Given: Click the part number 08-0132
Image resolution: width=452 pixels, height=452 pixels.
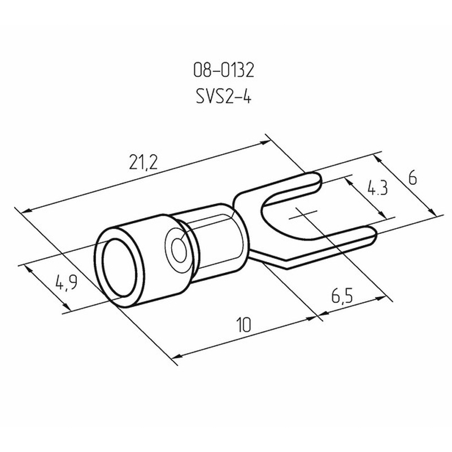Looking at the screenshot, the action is click(x=224, y=70).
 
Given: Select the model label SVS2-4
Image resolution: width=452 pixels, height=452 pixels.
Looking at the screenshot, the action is click(x=224, y=96).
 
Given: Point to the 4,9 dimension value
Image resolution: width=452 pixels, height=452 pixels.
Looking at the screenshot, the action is click(x=67, y=282).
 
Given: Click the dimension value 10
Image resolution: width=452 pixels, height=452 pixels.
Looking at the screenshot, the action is click(x=244, y=324).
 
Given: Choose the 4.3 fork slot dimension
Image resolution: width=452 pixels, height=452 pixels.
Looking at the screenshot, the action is click(x=377, y=188).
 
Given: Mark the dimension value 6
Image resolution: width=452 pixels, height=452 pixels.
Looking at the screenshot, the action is click(x=412, y=179).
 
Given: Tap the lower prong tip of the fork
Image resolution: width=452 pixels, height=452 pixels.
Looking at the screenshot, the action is click(x=375, y=233).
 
